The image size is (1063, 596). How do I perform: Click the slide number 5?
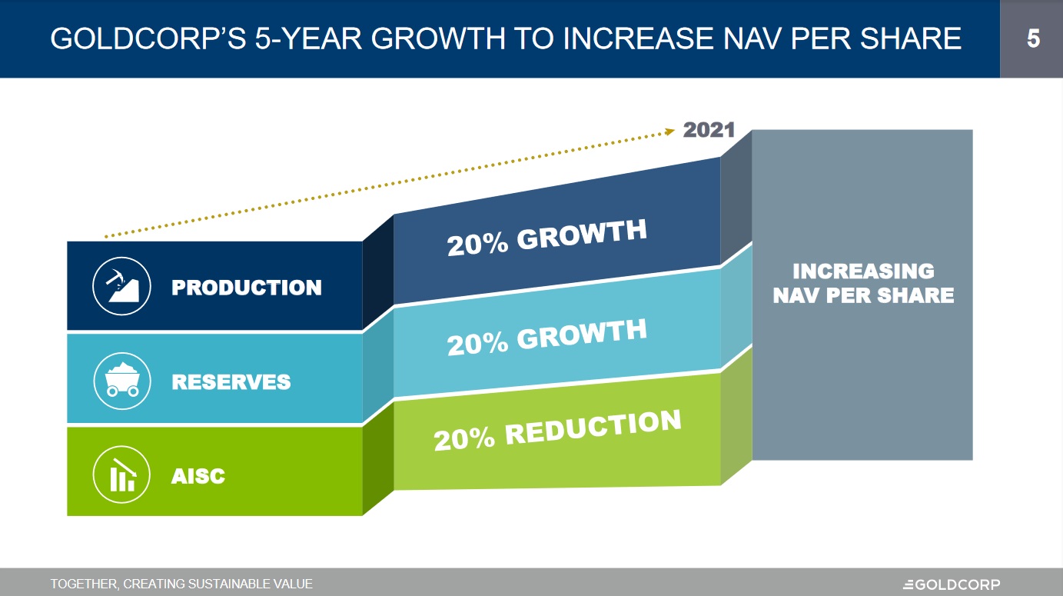[1033, 38]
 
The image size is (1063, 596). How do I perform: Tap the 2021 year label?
[709, 130]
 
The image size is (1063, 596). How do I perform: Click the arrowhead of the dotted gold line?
[669, 132]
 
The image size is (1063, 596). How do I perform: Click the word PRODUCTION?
[246, 288]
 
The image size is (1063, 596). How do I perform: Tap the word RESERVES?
[231, 381]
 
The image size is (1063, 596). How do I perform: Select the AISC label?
[198, 476]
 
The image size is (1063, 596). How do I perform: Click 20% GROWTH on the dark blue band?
[546, 238]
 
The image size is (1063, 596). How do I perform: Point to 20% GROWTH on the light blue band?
[546, 337]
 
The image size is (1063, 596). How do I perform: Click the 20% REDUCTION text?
[557, 431]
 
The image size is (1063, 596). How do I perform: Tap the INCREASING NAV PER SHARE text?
[863, 283]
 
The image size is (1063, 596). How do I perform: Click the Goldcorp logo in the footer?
[952, 584]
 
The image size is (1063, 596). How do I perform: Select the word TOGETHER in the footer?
[84, 584]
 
